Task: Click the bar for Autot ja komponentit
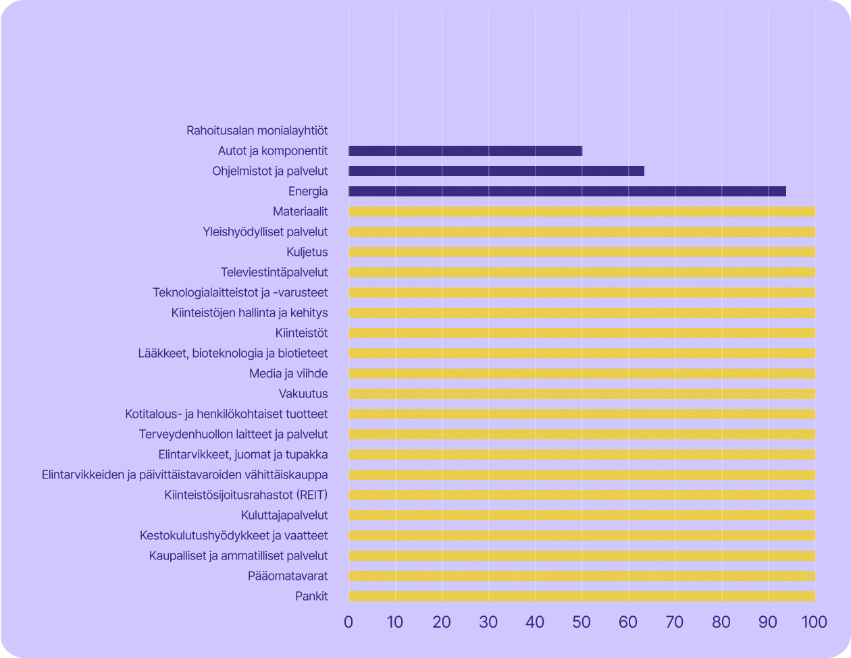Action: click(x=465, y=151)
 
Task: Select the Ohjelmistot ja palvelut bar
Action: click(x=496, y=171)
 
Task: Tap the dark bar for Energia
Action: click(x=567, y=192)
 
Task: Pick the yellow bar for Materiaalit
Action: click(x=582, y=212)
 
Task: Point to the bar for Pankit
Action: click(x=582, y=597)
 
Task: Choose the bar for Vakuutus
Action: click(x=582, y=394)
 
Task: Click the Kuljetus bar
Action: click(x=582, y=252)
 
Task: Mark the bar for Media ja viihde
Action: click(x=582, y=374)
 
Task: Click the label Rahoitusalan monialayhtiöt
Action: click(x=257, y=131)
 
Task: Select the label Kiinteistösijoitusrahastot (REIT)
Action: click(x=246, y=495)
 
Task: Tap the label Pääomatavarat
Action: click(x=288, y=576)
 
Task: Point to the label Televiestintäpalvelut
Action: click(x=274, y=273)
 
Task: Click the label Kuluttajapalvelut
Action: click(x=284, y=516)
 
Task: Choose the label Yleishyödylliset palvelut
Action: click(x=265, y=232)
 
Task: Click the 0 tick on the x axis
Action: click(x=349, y=622)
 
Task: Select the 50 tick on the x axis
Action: click(x=582, y=622)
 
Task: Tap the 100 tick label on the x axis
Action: click(x=815, y=622)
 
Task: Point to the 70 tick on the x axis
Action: click(x=675, y=622)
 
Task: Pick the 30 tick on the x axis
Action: click(x=488, y=622)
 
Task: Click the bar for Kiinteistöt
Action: click(x=582, y=333)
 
